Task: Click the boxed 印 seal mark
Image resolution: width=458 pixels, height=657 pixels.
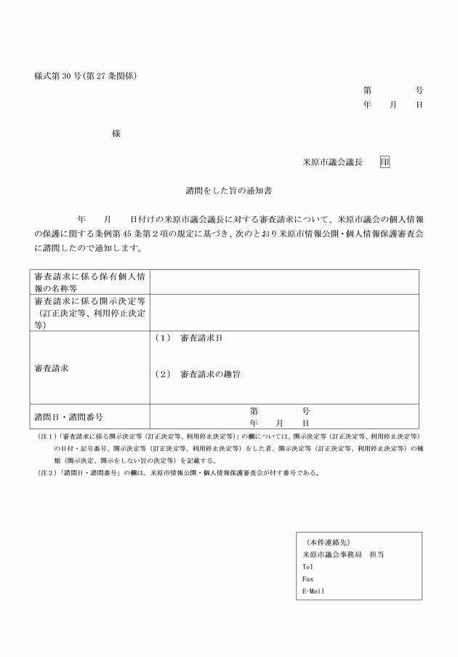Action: pyautogui.click(x=385, y=162)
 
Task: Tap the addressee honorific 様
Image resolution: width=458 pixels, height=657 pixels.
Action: pyautogui.click(x=116, y=132)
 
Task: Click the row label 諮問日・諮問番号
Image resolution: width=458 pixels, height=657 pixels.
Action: pyautogui.click(x=68, y=417)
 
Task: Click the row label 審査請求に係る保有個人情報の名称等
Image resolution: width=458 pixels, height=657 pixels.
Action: pyautogui.click(x=89, y=282)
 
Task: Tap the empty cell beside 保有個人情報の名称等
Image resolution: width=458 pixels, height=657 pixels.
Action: pyautogui.click(x=284, y=282)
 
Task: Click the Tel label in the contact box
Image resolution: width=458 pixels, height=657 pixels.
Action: pyautogui.click(x=308, y=565)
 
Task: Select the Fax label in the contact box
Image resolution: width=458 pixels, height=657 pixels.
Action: pyautogui.click(x=308, y=578)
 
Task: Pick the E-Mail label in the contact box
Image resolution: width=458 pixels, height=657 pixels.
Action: pyautogui.click(x=313, y=590)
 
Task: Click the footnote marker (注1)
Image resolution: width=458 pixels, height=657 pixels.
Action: pyautogui.click(x=49, y=437)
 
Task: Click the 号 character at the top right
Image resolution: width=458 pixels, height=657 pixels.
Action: pyautogui.click(x=419, y=91)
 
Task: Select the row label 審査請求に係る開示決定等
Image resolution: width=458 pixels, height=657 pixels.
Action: pyautogui.click(x=89, y=301)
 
